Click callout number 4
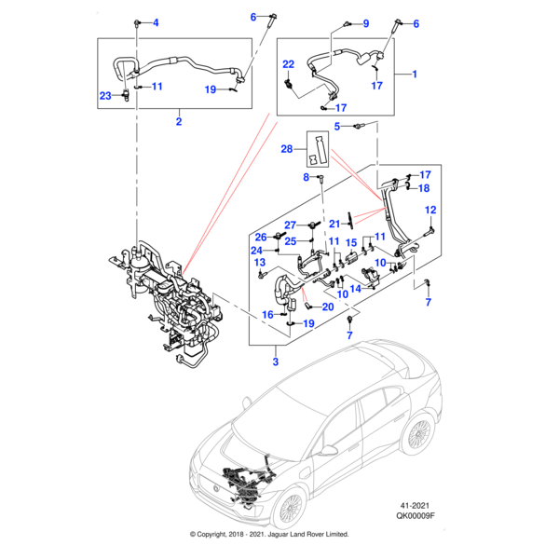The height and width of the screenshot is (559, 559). (x=156, y=22)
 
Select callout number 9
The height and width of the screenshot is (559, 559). (x=365, y=23)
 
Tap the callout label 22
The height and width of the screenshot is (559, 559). (x=289, y=64)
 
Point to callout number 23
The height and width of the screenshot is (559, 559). (x=105, y=96)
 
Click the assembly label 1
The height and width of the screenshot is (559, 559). (x=414, y=73)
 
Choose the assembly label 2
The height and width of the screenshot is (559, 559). (x=179, y=121)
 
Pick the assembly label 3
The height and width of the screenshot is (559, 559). (x=276, y=360)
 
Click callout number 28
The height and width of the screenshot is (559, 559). (x=287, y=149)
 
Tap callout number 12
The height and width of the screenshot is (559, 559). (x=431, y=211)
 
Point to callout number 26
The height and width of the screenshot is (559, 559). (x=262, y=236)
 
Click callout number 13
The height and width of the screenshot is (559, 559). (x=262, y=265)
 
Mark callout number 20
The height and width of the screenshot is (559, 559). (x=327, y=307)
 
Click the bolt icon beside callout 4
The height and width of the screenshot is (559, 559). (x=137, y=20)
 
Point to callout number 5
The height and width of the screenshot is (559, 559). (x=339, y=127)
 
